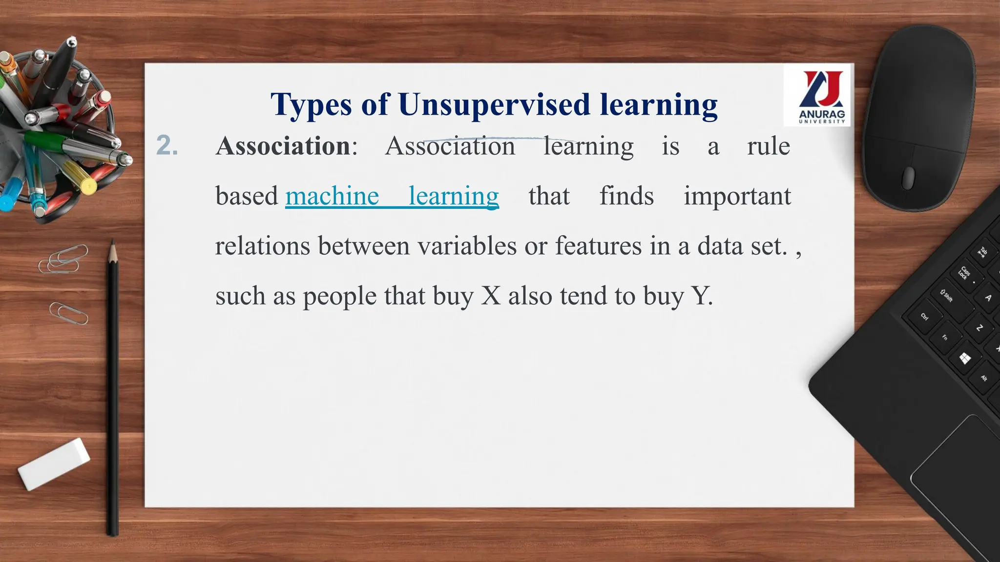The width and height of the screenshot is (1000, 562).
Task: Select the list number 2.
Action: point(167,145)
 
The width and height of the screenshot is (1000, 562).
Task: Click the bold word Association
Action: point(283,146)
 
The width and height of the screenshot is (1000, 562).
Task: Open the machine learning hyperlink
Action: point(392,196)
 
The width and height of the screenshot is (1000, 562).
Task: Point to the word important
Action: point(737,196)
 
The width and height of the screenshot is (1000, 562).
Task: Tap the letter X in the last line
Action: point(491,296)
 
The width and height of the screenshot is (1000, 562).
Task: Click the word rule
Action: point(768,146)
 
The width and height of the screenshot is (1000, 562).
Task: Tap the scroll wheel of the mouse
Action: point(908,177)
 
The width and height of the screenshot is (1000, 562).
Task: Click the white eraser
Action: point(54,463)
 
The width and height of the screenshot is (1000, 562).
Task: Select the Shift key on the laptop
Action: point(947,295)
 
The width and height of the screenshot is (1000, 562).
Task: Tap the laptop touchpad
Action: point(957,488)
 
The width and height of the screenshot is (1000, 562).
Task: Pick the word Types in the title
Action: point(311,105)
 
